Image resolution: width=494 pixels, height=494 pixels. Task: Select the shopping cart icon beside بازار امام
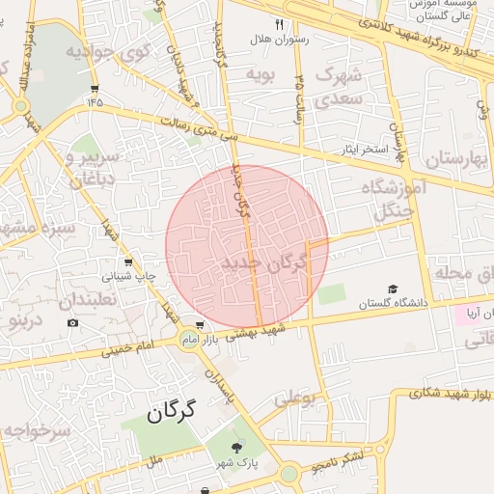pos(199,325)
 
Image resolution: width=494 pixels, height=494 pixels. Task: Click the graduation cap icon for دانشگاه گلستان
pos(392,289)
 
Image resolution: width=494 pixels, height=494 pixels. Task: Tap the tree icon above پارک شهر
pos(237,446)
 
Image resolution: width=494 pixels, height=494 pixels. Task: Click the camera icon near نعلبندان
pos(72,322)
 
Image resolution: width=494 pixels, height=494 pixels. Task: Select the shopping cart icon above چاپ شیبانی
pos(128,262)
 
